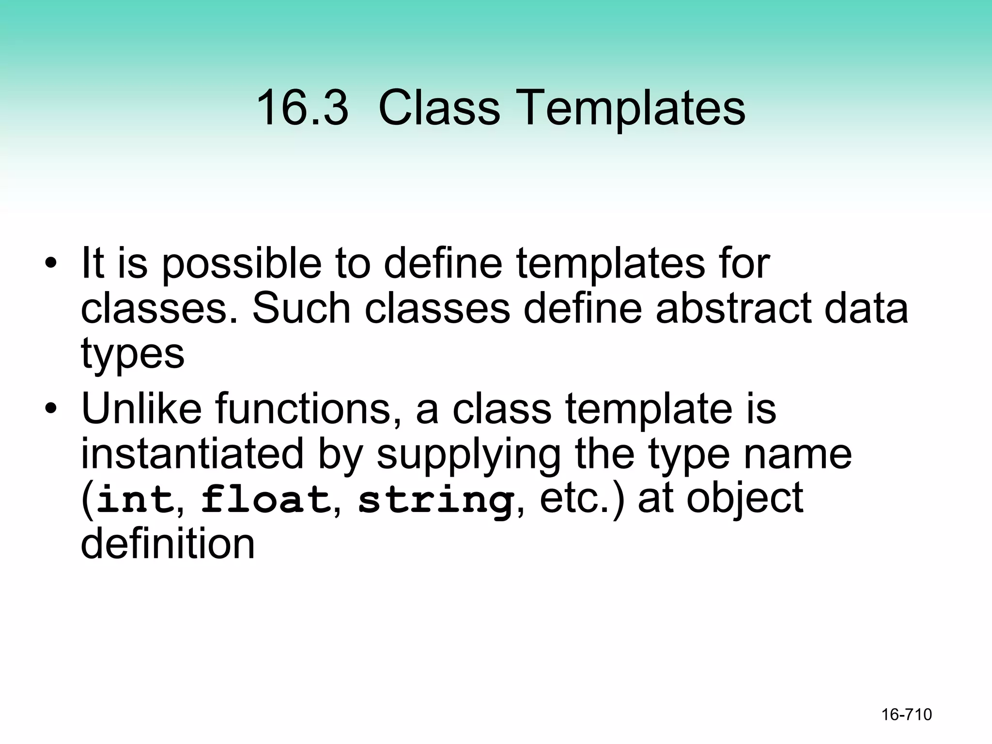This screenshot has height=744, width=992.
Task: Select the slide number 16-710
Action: (906, 714)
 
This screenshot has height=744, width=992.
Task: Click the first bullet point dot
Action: (50, 264)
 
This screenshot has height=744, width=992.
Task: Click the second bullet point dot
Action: (50, 409)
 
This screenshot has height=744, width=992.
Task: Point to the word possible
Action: (241, 264)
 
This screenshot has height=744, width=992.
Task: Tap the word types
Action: (133, 354)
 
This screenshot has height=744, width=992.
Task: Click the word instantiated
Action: (192, 454)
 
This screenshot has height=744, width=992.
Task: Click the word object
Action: (745, 500)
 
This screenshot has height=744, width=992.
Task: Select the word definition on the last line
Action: (168, 544)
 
